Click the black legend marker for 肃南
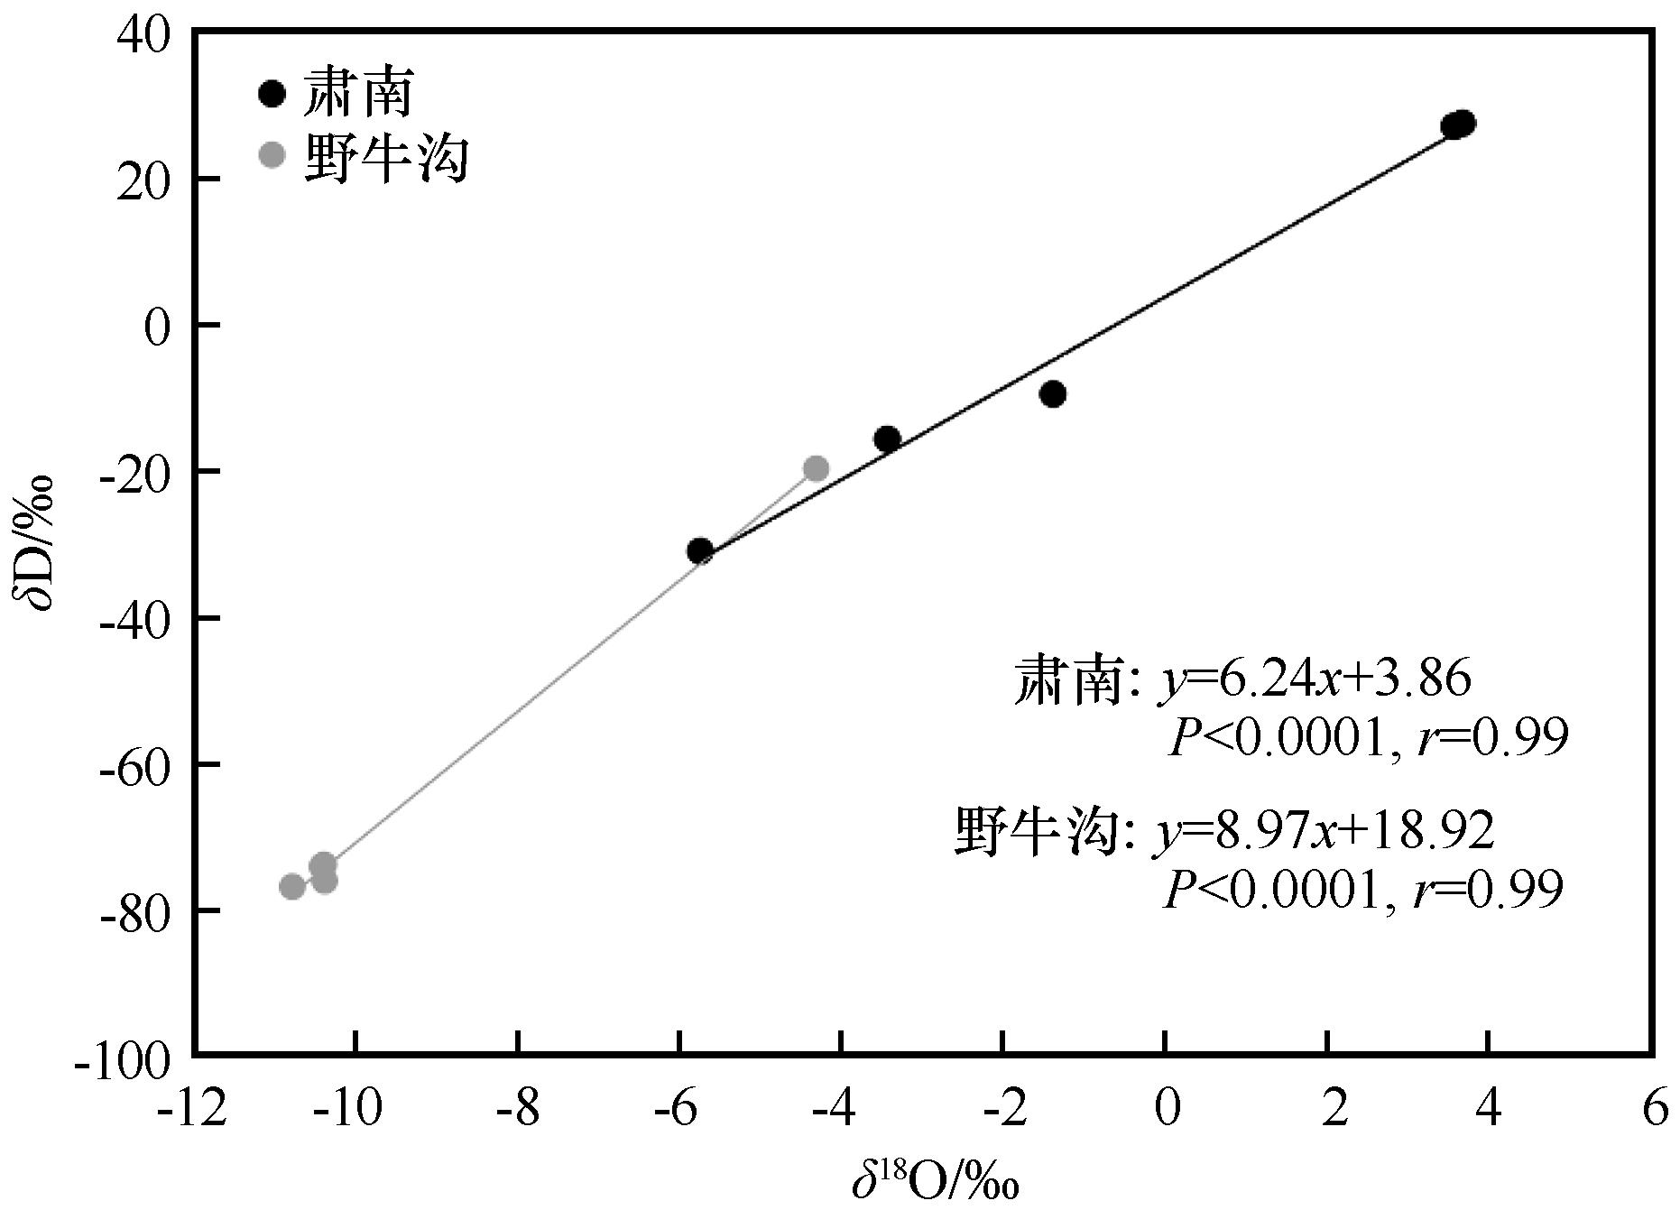coord(272,94)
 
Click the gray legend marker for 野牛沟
coord(272,155)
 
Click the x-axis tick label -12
coord(192,1109)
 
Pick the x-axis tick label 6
coord(1652,1109)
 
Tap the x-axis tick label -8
coord(517,1109)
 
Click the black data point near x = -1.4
coord(1052,394)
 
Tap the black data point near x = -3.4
coord(887,439)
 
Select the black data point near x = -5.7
coord(700,550)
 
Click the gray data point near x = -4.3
coord(816,468)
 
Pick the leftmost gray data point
coord(292,886)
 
